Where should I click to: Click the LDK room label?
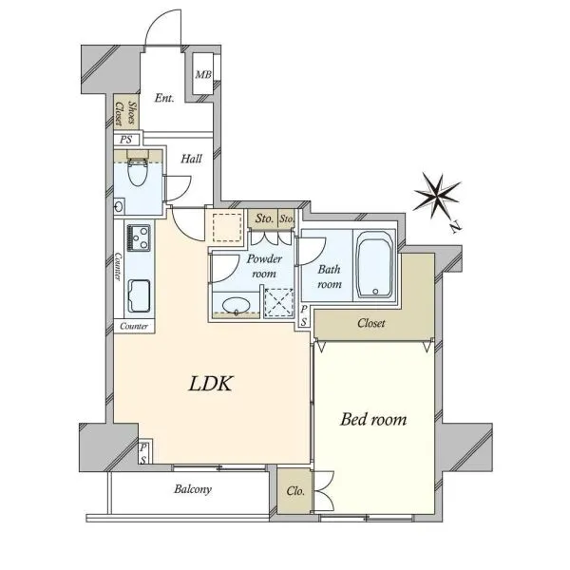point(210,384)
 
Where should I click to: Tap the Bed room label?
point(373,419)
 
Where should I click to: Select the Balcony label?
point(193,489)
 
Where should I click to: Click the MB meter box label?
point(203,74)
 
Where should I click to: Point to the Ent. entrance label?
point(164,98)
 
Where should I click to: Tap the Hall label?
point(192,159)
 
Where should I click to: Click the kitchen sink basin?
point(139,295)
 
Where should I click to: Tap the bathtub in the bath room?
point(375,265)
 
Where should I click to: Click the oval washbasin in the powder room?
point(236,305)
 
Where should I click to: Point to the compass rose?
point(437,197)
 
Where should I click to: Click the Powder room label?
point(264,266)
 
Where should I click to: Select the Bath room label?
point(330,276)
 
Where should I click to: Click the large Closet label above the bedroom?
point(370,323)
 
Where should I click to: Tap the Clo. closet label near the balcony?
point(295,491)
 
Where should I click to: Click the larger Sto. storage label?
point(264,218)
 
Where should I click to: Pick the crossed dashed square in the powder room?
point(278,302)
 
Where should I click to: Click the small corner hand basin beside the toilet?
point(119,207)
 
